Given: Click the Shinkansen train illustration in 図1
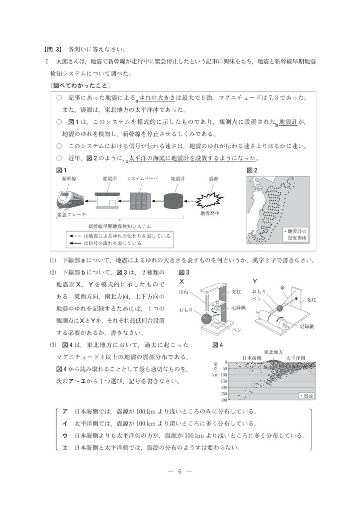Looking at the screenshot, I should tap(70, 199).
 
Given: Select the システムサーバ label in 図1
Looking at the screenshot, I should tap(142, 178).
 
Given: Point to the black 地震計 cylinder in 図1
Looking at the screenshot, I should tap(177, 201).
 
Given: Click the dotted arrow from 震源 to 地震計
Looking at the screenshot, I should tap(193, 201).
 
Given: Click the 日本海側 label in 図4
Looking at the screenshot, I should tap(253, 357).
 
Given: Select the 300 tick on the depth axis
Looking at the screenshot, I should tap(224, 400).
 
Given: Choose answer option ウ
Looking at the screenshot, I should tap(65, 435).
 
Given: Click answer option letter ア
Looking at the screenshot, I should tap(65, 412).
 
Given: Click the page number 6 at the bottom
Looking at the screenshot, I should tap(180, 472).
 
